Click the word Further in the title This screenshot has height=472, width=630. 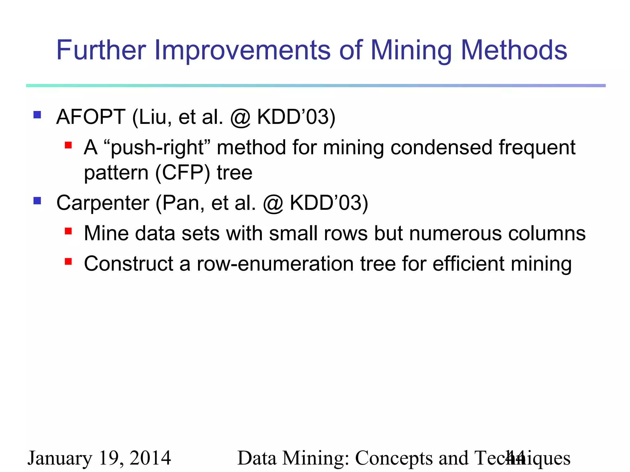101,50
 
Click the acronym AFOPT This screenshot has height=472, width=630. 91,117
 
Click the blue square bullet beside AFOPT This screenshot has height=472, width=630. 37,115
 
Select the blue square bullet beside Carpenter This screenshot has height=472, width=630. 37,201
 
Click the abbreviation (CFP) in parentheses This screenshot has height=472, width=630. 183,173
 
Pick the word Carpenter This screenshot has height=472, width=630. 103,203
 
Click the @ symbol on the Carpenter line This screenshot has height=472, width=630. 273,203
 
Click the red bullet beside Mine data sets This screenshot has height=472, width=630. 68,231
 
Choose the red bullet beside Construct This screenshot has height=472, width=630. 68,262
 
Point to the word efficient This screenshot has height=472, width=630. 469,264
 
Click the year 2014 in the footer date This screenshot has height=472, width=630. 150,458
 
